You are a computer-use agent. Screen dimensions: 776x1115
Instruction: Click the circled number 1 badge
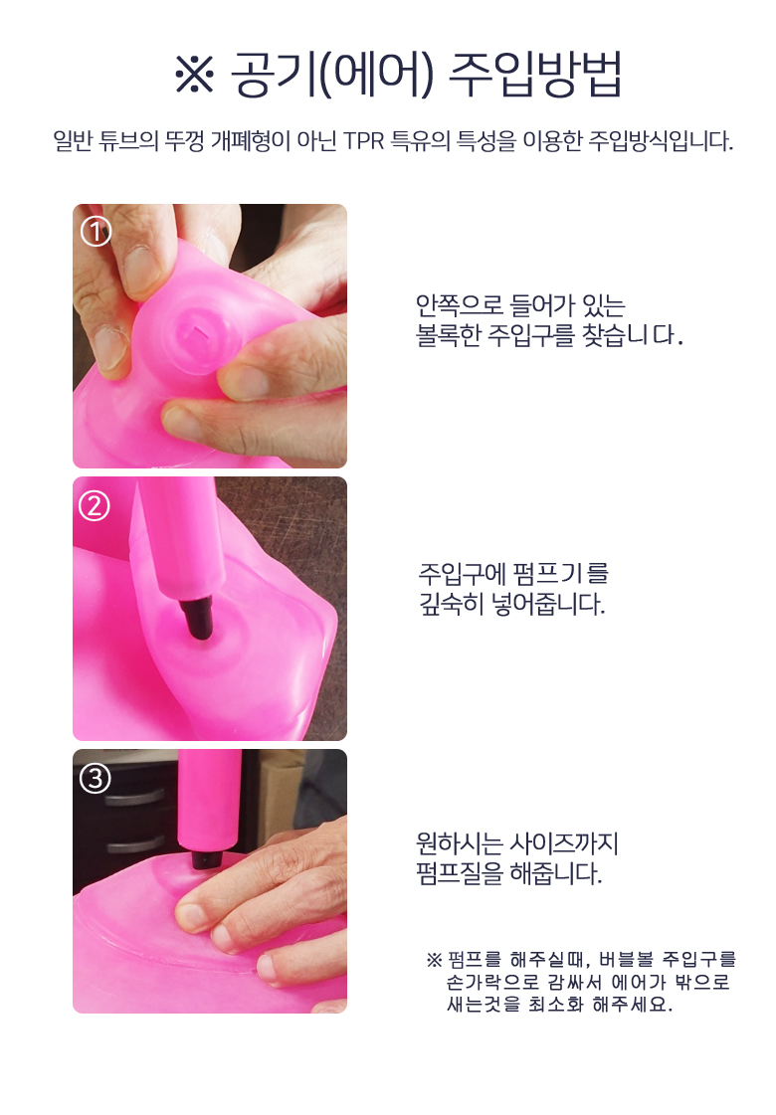[x=96, y=231]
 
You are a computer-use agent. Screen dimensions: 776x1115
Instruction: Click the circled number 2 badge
[x=95, y=507]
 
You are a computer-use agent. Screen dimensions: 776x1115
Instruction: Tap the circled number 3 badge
[x=96, y=779]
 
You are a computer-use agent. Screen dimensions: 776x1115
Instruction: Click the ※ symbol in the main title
[x=194, y=74]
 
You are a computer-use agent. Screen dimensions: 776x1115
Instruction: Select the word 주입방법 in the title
[x=537, y=74]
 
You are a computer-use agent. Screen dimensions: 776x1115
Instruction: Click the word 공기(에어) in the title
[x=332, y=74]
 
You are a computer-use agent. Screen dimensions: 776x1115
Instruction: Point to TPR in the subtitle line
[x=363, y=141]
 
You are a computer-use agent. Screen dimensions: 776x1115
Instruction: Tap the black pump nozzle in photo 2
[x=197, y=615]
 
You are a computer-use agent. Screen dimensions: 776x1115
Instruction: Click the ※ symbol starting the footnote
[x=434, y=960]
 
